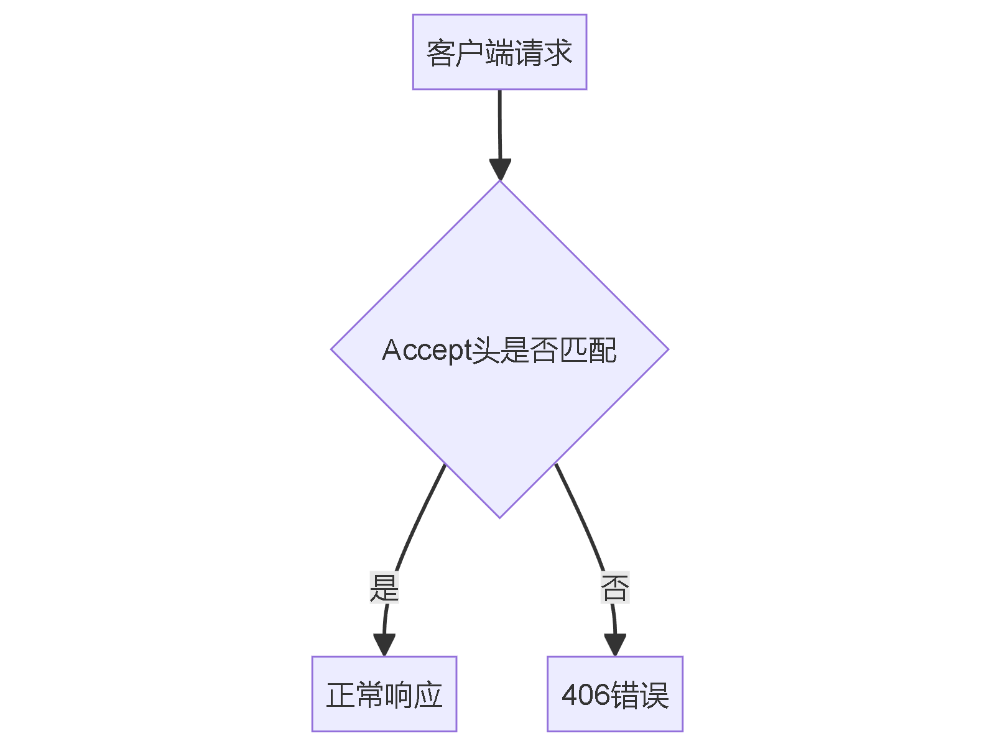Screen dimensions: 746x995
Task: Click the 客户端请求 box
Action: (499, 52)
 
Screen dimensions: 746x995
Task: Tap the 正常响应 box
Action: (384, 694)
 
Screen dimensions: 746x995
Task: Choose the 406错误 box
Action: (614, 694)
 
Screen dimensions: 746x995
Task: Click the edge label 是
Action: (384, 587)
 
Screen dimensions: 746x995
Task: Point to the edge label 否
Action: (614, 587)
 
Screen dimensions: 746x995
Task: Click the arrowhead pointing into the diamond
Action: (500, 169)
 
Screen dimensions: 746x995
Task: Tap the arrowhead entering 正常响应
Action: (384, 645)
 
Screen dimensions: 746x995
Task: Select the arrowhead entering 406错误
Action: (614, 645)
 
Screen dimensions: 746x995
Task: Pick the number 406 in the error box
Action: (586, 695)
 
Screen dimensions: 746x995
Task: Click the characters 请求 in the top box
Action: (543, 53)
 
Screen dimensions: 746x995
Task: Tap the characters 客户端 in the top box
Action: (470, 53)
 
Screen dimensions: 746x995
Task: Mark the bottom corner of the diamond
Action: (499, 516)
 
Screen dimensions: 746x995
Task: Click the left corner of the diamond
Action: (333, 349)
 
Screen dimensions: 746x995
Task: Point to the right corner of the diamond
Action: (667, 349)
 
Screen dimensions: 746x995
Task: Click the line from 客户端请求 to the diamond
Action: (499, 124)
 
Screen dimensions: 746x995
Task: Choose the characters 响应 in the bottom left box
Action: (413, 695)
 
